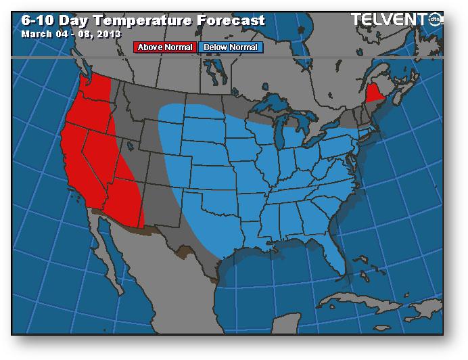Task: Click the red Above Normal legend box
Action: tap(166, 47)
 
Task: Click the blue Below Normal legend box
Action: tap(230, 47)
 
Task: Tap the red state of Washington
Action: tap(97, 89)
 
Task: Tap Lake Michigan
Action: tap(286, 135)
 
